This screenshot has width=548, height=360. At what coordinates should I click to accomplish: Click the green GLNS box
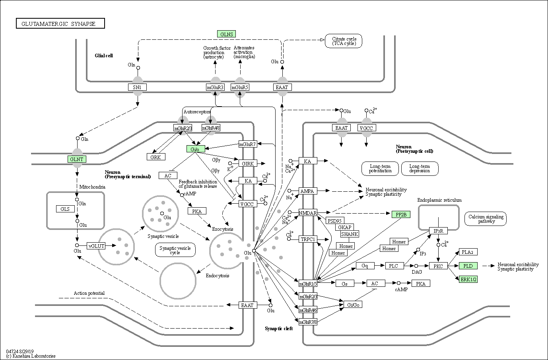226,34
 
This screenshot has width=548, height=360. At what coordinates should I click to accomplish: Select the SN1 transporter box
137,87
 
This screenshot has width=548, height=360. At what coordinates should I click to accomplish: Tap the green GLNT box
77,159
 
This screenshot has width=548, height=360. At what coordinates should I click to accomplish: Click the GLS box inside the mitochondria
65,209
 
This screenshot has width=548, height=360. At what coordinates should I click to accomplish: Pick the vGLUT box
96,246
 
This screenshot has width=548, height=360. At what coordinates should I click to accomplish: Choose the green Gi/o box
196,149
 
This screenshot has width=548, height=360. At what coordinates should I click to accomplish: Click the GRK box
156,157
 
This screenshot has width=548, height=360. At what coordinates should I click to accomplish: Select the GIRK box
248,163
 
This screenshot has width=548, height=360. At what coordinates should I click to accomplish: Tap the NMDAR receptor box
308,213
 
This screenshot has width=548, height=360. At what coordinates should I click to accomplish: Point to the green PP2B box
401,214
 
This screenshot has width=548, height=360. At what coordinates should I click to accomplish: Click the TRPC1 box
308,239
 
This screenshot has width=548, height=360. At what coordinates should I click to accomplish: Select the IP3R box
438,231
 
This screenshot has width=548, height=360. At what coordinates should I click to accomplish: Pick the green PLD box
468,266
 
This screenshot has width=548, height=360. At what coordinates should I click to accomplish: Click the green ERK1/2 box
468,279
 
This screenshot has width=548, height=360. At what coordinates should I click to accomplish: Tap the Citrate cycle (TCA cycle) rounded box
344,41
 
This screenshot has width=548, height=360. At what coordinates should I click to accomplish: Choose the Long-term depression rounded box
420,168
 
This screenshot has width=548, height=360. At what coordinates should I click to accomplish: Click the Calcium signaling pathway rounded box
486,219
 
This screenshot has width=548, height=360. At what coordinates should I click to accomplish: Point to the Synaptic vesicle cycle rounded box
175,250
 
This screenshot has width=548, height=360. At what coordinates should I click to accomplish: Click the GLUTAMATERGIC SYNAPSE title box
60,23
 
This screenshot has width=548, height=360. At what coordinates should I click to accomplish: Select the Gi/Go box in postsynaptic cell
353,304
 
